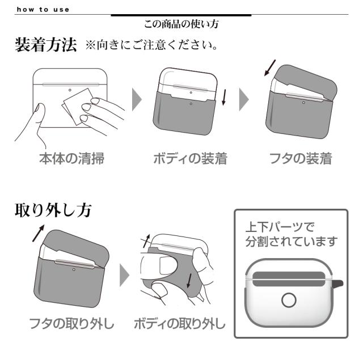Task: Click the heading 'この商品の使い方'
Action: pos(181,24)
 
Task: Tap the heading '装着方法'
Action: pos(45,46)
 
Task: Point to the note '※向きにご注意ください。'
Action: pos(151,45)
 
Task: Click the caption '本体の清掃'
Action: pos(71,159)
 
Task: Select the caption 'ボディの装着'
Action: pos(190,159)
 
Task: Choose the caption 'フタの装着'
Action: pos(301,159)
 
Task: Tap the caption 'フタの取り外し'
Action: pos(72,325)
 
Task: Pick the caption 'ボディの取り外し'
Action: pos(179,325)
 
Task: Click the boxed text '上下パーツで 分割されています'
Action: pos(290,234)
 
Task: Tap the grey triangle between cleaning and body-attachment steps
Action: pos(137,100)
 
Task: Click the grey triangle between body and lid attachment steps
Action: pos(244,100)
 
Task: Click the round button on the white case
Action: pos(289,299)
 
